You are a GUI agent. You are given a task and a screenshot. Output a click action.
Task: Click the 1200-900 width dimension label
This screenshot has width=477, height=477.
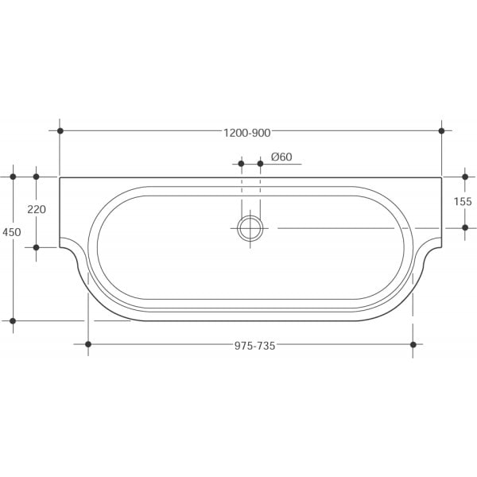pyautogui.click(x=247, y=133)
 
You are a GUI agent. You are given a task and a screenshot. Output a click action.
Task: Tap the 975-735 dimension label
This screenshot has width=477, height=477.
pyautogui.click(x=254, y=346)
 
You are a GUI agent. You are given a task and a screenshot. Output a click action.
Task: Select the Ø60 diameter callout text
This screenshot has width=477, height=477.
pyautogui.click(x=281, y=157)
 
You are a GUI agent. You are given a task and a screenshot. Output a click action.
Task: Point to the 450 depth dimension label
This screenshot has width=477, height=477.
pyautogui.click(x=12, y=232)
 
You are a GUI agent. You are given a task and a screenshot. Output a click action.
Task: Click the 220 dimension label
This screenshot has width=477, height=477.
pyautogui.click(x=37, y=209)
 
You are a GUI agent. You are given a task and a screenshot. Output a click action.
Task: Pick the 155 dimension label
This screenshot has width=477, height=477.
pyautogui.click(x=463, y=201)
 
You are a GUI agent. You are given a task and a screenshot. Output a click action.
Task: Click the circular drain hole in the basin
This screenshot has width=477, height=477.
pyautogui.click(x=250, y=228)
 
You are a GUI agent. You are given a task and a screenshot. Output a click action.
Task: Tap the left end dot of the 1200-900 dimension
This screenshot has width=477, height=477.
pyautogui.click(x=60, y=131)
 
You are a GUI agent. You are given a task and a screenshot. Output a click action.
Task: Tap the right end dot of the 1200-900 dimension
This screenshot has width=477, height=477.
pyautogui.click(x=441, y=131)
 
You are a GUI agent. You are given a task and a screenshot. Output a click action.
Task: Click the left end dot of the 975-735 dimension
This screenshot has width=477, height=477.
pyautogui.click(x=88, y=344)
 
